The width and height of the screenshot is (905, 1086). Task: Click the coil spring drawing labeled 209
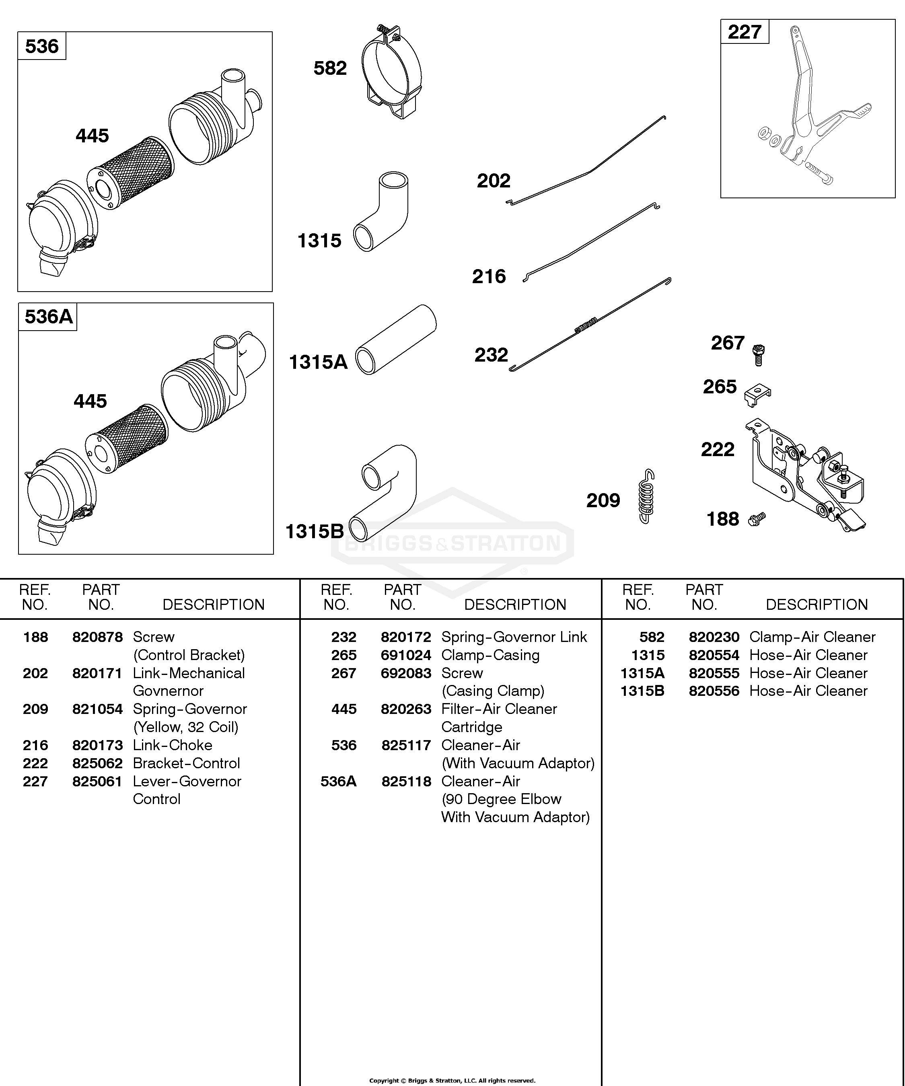(646, 496)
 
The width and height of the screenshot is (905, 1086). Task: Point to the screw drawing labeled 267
(758, 355)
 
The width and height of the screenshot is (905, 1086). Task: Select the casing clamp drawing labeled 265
(757, 395)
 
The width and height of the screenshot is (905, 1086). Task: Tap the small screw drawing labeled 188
(756, 519)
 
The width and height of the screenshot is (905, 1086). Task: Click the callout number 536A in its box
(49, 317)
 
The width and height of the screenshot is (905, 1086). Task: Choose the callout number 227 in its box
(744, 32)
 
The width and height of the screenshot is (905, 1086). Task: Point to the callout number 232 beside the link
(491, 355)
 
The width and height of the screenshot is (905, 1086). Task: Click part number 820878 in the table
(97, 637)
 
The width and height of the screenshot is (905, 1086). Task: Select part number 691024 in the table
(406, 655)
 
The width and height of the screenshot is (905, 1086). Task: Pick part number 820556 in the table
(714, 691)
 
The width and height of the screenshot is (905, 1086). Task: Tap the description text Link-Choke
(173, 745)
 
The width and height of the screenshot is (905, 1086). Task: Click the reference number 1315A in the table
(642, 673)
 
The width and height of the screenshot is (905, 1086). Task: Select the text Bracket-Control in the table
(187, 763)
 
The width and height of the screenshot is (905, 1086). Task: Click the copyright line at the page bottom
(452, 1080)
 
